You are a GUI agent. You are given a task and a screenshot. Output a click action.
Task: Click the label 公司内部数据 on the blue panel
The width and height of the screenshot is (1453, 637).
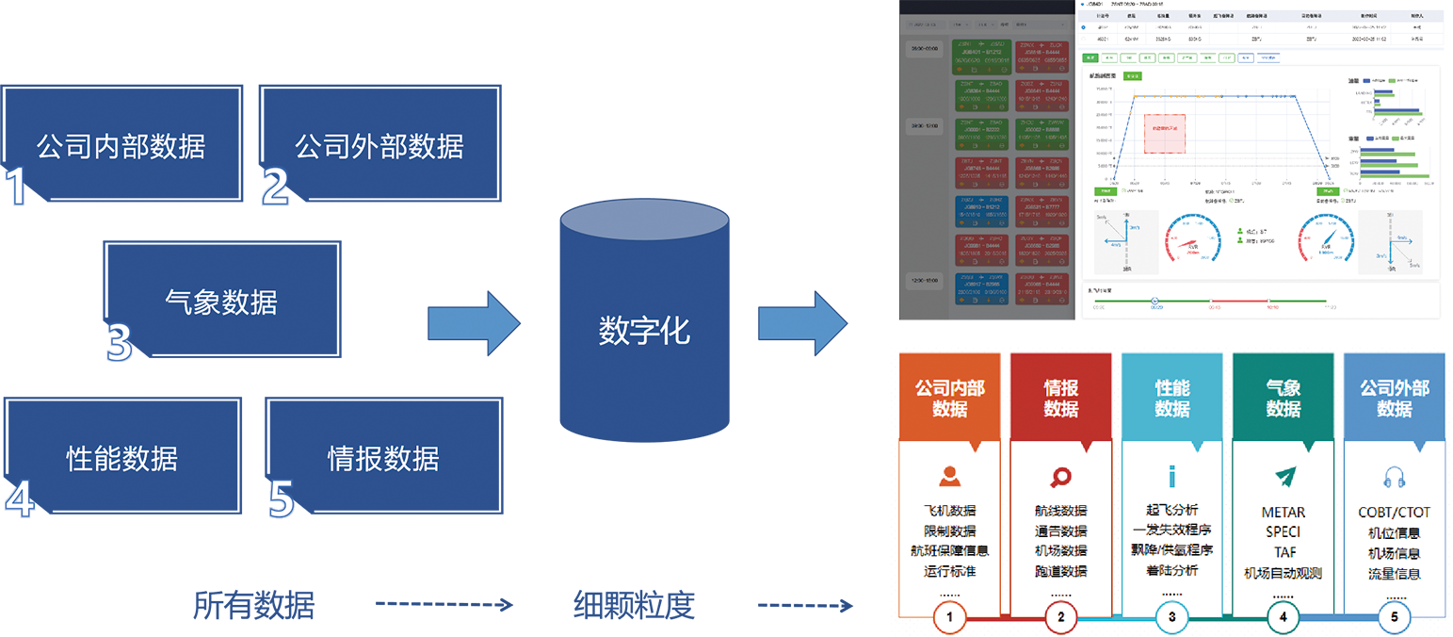(x=121, y=147)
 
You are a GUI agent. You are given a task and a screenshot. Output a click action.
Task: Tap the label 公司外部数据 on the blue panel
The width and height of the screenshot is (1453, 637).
(x=379, y=147)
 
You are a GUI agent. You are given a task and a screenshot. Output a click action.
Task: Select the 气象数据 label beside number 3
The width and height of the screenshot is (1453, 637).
(x=220, y=302)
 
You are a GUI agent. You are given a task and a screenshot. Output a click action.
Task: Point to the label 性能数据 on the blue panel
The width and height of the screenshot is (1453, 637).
(x=121, y=459)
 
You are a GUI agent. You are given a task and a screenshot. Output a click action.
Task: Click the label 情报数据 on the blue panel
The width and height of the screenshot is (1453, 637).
(x=382, y=459)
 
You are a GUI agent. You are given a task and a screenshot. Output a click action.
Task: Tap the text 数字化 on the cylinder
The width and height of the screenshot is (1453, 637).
(x=644, y=331)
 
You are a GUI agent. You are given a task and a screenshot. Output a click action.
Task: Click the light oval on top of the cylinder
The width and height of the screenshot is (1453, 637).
(x=644, y=220)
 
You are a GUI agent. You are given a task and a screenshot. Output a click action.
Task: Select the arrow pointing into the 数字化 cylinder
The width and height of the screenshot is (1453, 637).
(x=474, y=324)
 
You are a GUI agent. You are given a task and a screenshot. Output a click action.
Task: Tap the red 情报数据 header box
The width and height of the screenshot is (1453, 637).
(x=1060, y=399)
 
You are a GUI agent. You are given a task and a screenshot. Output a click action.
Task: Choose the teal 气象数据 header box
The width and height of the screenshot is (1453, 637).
(x=1283, y=399)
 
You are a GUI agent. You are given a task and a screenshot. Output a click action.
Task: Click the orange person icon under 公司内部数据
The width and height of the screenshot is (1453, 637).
(x=949, y=476)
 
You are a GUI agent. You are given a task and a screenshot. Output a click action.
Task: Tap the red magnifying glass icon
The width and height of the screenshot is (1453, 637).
(x=1060, y=477)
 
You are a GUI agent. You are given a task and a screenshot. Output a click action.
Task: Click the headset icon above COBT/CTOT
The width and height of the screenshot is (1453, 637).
(x=1394, y=477)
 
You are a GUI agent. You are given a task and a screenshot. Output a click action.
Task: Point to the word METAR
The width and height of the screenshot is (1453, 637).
(x=1283, y=513)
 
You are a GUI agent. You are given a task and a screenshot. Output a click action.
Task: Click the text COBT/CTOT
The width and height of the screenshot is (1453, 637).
(x=1394, y=513)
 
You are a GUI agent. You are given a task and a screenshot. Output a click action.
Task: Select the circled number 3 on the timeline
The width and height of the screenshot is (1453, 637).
(x=1171, y=617)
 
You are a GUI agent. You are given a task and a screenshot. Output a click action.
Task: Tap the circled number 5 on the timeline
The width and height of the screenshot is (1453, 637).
(x=1394, y=617)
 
